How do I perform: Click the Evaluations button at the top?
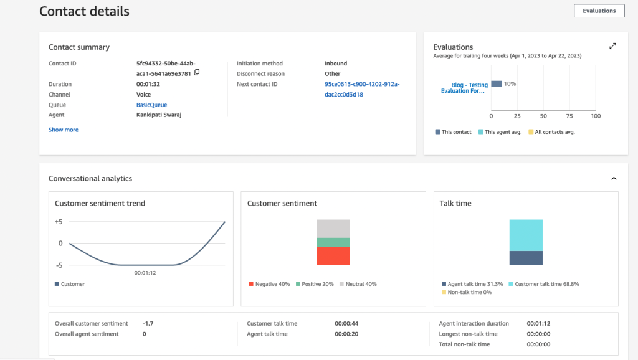pyautogui.click(x=599, y=11)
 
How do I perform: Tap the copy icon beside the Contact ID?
pyautogui.click(x=197, y=72)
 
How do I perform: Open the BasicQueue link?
pyautogui.click(x=151, y=105)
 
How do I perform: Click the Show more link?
pyautogui.click(x=64, y=130)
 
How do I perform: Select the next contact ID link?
pyautogui.click(x=362, y=89)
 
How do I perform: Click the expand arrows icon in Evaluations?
pyautogui.click(x=612, y=46)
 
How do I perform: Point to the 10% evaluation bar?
pyautogui.click(x=497, y=83)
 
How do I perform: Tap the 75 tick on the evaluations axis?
pyautogui.click(x=569, y=116)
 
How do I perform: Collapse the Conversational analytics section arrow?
pyautogui.click(x=614, y=179)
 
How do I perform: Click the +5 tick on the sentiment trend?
pyautogui.click(x=59, y=222)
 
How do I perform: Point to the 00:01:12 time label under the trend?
pyautogui.click(x=145, y=272)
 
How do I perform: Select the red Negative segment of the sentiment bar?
pyautogui.click(x=333, y=256)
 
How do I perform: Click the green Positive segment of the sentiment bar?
pyautogui.click(x=333, y=242)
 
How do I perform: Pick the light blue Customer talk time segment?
pyautogui.click(x=526, y=235)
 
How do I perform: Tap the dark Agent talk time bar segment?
pyautogui.click(x=526, y=258)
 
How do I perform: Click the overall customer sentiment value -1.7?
pyautogui.click(x=148, y=324)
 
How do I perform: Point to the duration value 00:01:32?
pyautogui.click(x=148, y=84)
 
